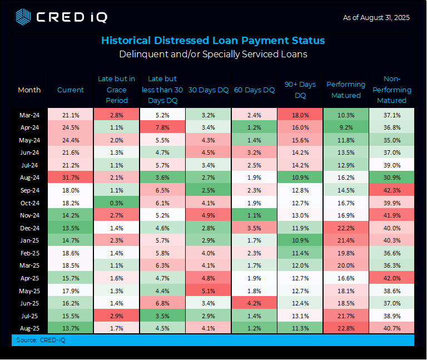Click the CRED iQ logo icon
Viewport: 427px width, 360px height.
coord(23,17)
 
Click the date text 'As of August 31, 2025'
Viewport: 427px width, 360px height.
coord(377,18)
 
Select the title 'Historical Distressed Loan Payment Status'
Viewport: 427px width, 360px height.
coord(213,41)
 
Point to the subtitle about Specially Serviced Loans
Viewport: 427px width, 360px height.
coord(213,55)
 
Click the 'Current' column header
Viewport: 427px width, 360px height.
coord(71,90)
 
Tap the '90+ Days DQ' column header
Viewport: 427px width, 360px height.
coord(300,90)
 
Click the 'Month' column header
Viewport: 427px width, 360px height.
coord(29,90)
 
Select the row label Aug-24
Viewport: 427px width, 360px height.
coord(29,177)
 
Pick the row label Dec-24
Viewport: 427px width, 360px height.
coord(29,228)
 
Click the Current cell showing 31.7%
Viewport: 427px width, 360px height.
coord(71,177)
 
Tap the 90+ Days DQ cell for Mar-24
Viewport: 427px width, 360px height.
coord(300,115)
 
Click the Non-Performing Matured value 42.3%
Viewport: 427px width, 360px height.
coord(393,190)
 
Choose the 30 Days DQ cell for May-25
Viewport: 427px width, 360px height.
coord(208,290)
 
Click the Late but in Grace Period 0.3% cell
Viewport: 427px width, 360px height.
coord(116,203)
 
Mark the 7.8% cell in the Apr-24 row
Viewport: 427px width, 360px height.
coord(162,127)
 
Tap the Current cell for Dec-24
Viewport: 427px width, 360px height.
coord(71,228)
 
